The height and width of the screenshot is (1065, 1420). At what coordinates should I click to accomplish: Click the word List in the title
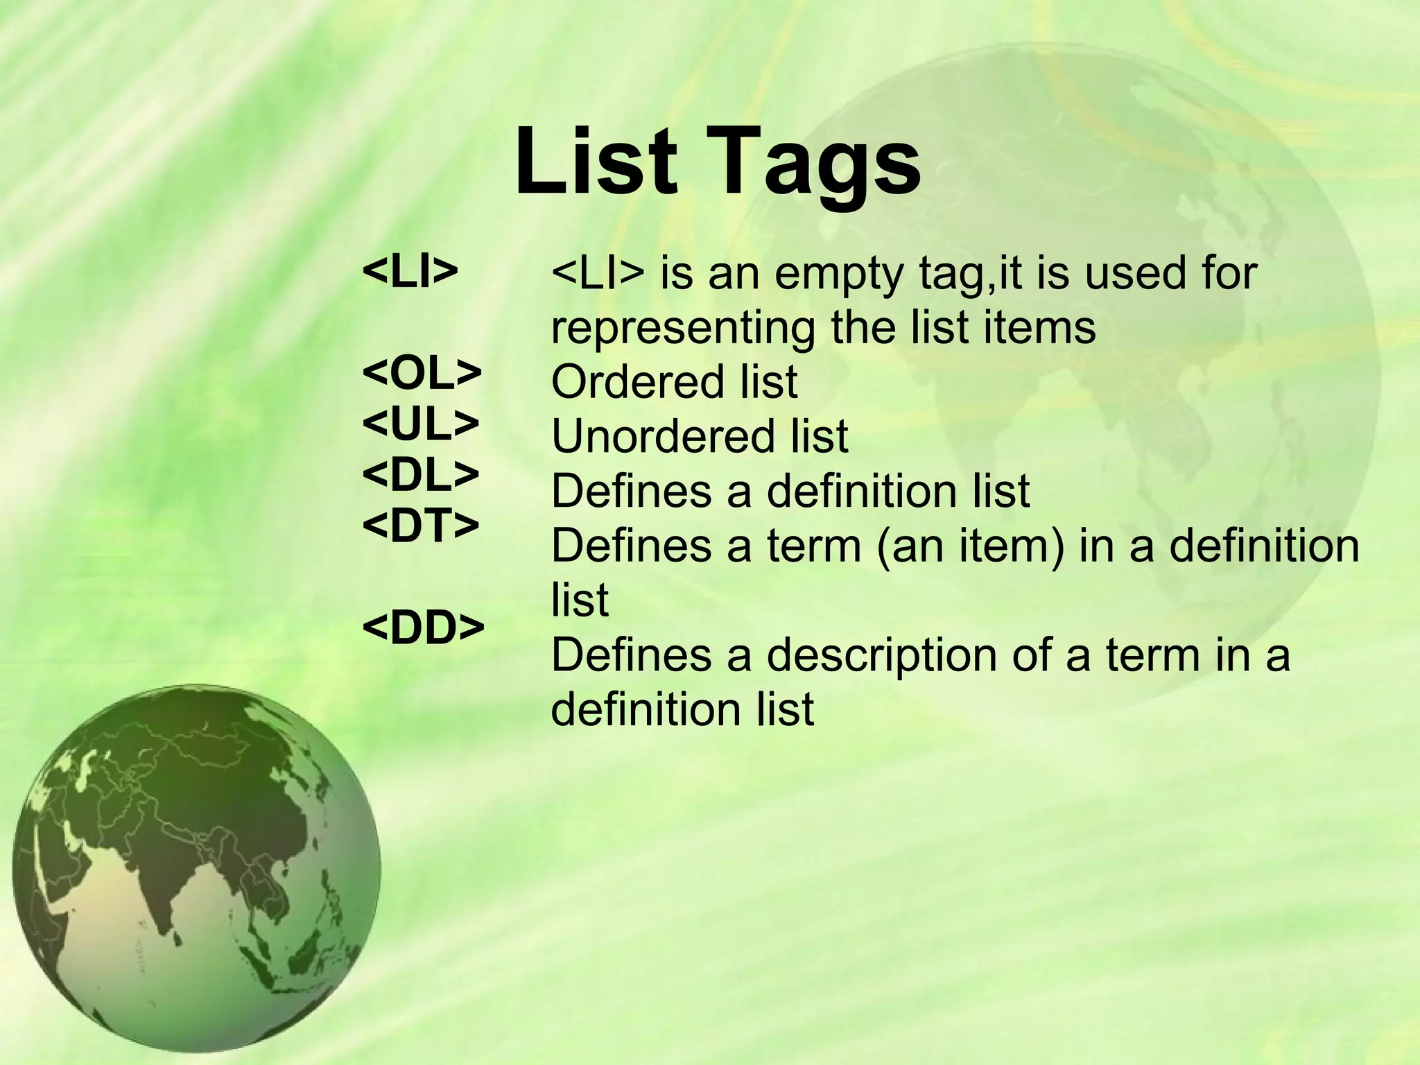click(596, 161)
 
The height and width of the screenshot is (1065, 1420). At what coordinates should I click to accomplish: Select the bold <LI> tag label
click(410, 271)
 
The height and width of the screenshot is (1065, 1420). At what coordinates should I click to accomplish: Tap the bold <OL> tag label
click(422, 374)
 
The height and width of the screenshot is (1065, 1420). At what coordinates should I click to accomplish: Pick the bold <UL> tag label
click(421, 424)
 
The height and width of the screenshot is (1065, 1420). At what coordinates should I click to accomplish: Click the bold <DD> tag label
click(423, 627)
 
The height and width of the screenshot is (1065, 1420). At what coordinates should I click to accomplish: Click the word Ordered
click(637, 382)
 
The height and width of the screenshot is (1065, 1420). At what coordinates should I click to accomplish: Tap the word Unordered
click(661, 436)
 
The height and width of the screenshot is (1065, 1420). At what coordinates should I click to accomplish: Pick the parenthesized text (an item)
click(970, 546)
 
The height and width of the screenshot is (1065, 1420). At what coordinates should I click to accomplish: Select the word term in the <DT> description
click(812, 546)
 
